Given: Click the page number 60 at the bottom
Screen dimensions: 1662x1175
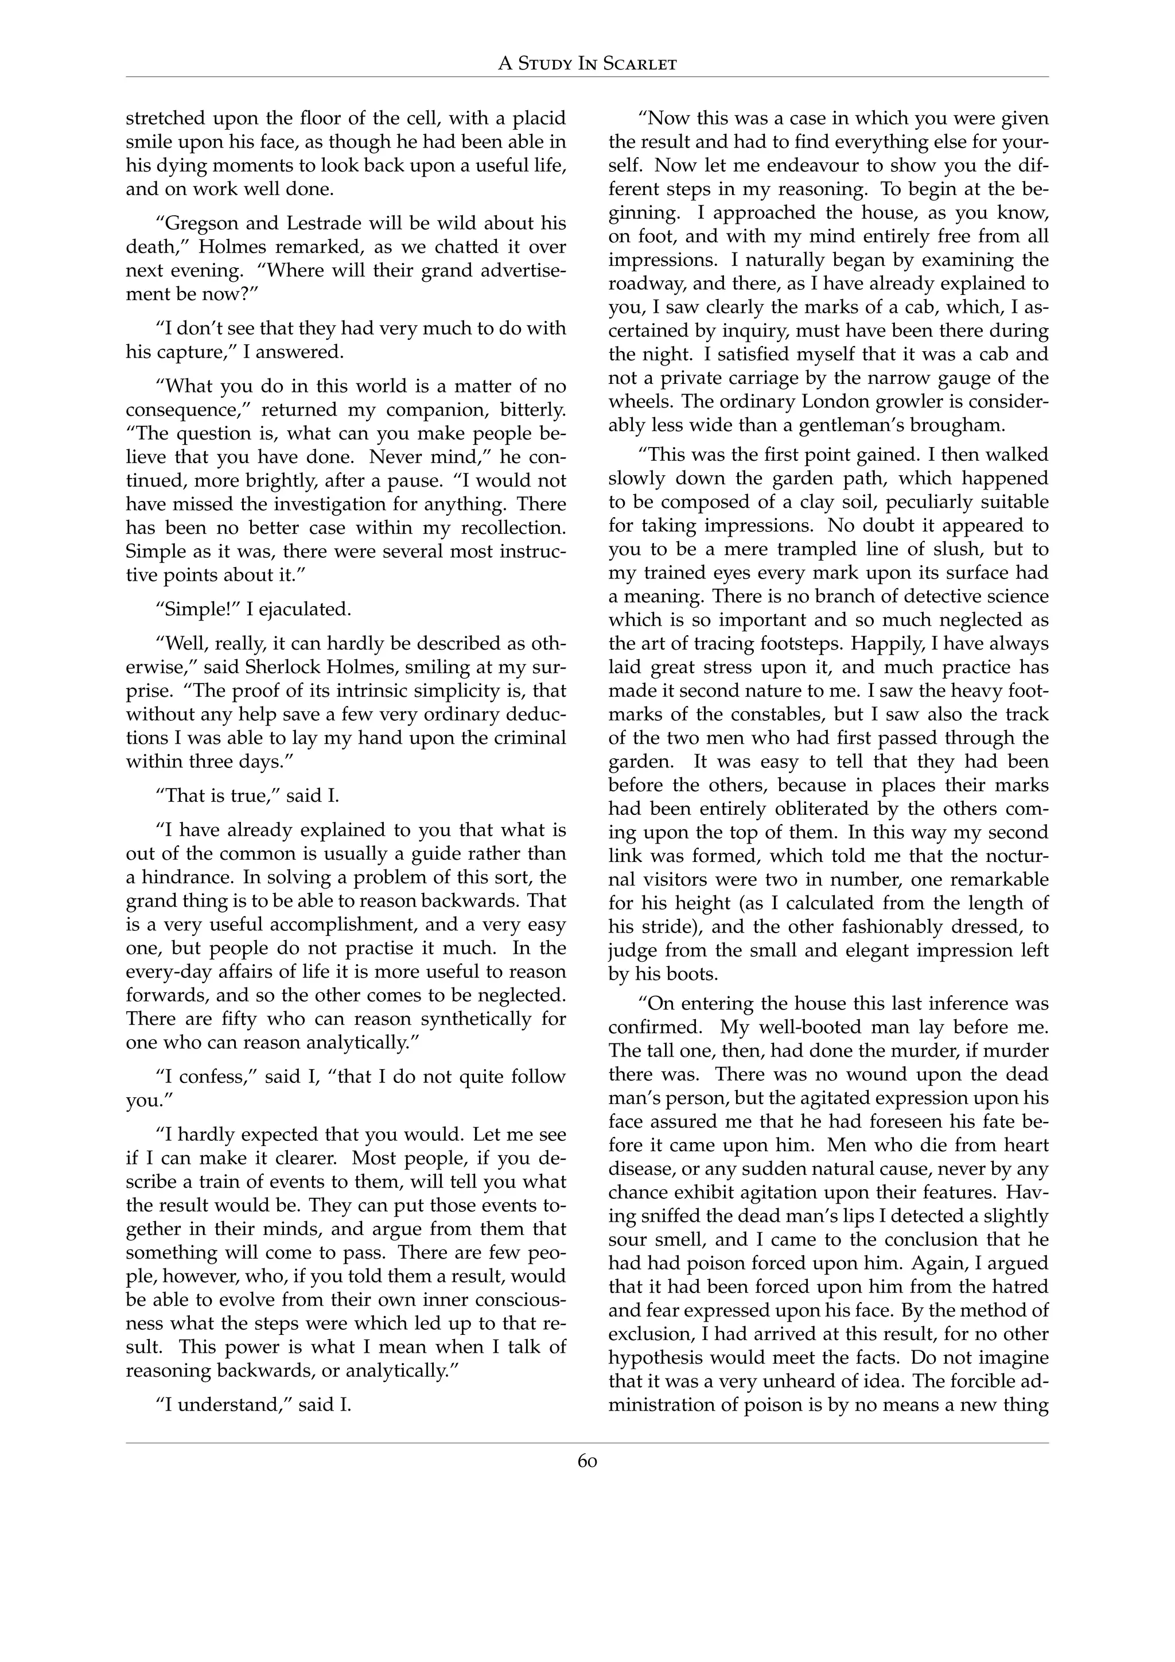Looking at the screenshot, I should [x=587, y=1462].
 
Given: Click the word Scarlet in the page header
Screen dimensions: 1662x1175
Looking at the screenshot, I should [x=637, y=64].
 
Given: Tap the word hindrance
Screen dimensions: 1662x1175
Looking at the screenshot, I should [x=185, y=878].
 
